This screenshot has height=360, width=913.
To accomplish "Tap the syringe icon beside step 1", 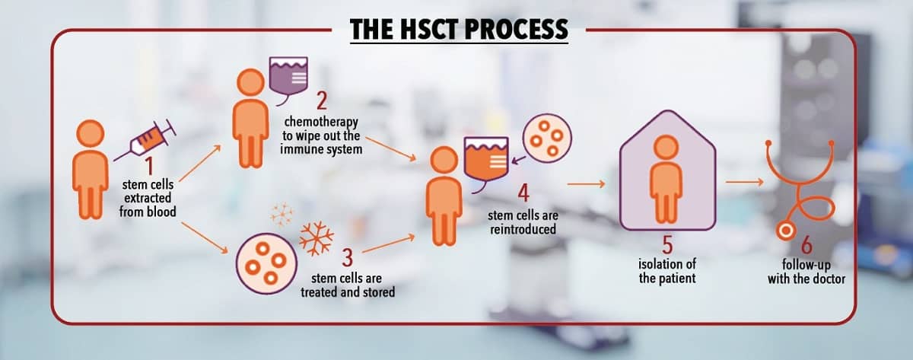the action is coord(145,140).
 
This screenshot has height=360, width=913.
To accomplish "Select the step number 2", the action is coord(322,100).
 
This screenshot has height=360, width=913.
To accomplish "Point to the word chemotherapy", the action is coord(321,122).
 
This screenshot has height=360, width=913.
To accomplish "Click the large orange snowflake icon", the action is coord(317,238).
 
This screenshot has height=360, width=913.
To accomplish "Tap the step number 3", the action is coord(347,257).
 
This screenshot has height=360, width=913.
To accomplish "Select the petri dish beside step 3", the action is coord(266,263).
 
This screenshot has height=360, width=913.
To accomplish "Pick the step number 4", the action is coord(523,193).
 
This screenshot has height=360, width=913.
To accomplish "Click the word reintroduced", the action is coord(523,229).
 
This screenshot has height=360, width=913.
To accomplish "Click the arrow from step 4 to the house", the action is coord(586,184).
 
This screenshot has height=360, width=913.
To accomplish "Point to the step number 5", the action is coord(667,245).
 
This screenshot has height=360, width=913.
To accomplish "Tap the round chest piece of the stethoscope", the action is coord(785,231).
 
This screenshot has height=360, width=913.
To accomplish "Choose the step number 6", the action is coord(806,245).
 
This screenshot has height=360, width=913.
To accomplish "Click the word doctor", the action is coord(826,279).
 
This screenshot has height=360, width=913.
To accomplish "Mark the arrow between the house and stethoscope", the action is coord(744,182).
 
